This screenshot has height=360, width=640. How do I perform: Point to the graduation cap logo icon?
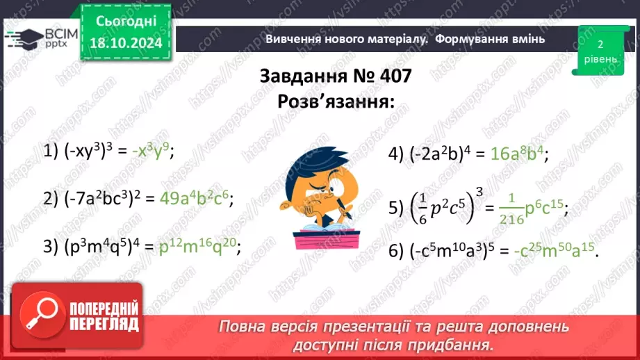[x=23, y=36]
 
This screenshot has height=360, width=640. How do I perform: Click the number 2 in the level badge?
[x=600, y=44]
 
